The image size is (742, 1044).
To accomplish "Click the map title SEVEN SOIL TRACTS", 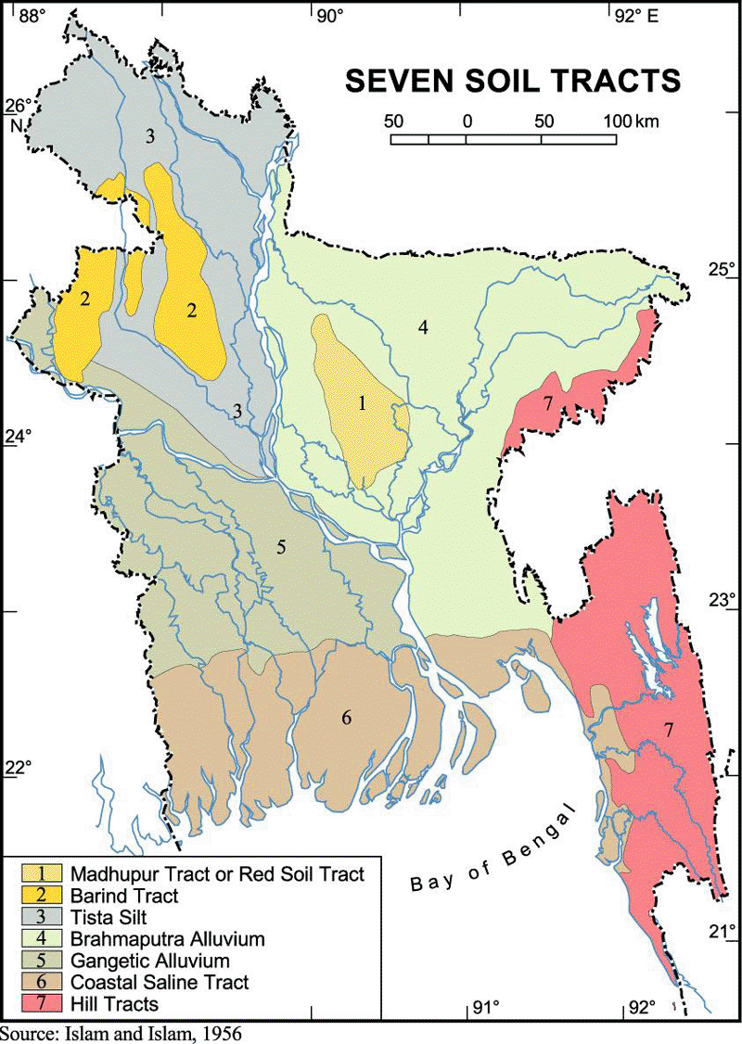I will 513,81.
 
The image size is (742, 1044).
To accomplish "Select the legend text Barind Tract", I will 123,896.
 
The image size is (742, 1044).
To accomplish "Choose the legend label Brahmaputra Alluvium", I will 167,938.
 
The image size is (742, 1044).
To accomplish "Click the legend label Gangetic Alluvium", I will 149,960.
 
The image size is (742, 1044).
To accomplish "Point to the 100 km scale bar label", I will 631,121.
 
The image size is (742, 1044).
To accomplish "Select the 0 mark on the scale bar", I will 467,121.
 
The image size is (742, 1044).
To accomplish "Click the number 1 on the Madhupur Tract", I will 363,403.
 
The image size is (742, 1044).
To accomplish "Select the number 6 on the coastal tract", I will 346,717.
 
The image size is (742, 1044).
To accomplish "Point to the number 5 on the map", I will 281,546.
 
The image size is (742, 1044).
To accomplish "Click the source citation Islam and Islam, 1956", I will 121,1033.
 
